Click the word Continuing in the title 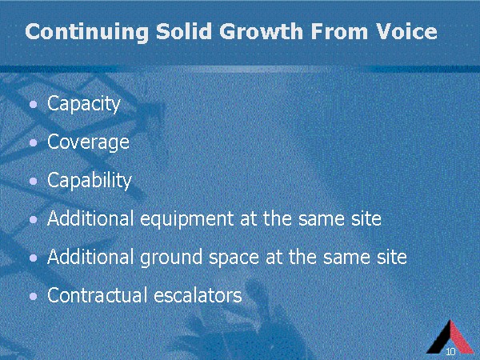(x=87, y=32)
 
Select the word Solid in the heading (x=184, y=31)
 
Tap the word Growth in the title (x=261, y=31)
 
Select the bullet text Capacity (x=84, y=104)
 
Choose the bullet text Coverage (x=88, y=142)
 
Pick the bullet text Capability (x=90, y=181)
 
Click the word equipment (x=187, y=219)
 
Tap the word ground (x=171, y=258)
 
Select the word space (x=234, y=258)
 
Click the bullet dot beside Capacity (x=34, y=105)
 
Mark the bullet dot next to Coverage (x=34, y=143)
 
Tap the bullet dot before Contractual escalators (x=34, y=296)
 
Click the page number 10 (x=451, y=351)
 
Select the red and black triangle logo (x=450, y=338)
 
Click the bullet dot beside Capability (x=34, y=182)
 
